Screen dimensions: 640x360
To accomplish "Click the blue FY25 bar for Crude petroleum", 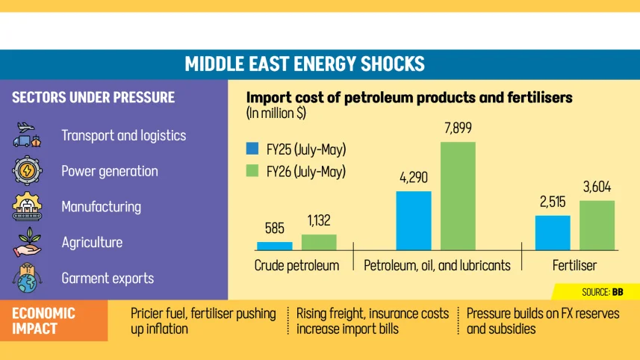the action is coord(274,246).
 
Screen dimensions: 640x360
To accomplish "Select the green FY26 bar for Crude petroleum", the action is coord(319,242).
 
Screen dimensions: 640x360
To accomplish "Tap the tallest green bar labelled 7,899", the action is coord(458,196).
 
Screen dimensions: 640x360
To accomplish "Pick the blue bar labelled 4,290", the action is coord(414,220).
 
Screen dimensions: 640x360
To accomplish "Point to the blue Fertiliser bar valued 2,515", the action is coord(553,232).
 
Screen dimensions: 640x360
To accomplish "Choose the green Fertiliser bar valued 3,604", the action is coord(597,226).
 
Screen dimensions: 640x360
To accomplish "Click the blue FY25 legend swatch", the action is coord(252,149).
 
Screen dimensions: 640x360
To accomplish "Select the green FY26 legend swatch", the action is coord(252,170).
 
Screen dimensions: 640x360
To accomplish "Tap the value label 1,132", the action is coord(319,221).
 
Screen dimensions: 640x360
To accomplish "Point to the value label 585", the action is coord(274,229).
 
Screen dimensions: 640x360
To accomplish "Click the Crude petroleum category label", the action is coord(296,266).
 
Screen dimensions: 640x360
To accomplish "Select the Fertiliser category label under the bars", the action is coord(575,266).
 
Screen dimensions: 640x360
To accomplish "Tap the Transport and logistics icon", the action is coord(27,134).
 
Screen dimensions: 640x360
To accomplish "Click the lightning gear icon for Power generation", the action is coord(27,170).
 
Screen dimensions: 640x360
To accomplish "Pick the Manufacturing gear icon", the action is coord(27,207).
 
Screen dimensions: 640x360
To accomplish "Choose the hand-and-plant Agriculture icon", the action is coord(27,243).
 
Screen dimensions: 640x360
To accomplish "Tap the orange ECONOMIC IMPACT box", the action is coord(54,320).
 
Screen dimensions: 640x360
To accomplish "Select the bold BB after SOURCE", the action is coord(618,292).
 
